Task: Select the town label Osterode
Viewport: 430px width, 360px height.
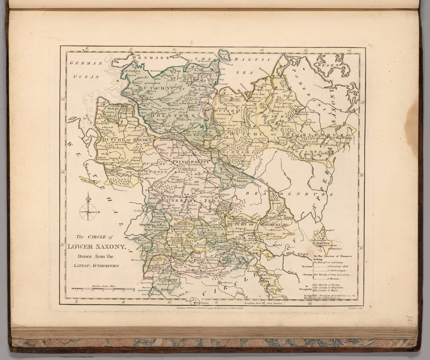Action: tap(196, 266)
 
